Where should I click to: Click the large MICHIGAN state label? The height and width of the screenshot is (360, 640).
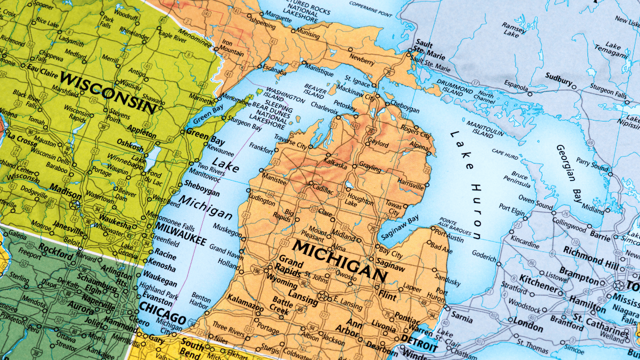(x=340, y=260)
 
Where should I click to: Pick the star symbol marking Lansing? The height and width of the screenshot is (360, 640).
(x=323, y=296)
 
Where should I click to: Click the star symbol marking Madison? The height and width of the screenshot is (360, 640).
(x=75, y=204)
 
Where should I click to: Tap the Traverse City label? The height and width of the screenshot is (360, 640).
(x=290, y=143)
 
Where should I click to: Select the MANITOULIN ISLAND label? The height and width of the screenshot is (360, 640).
(x=485, y=128)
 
